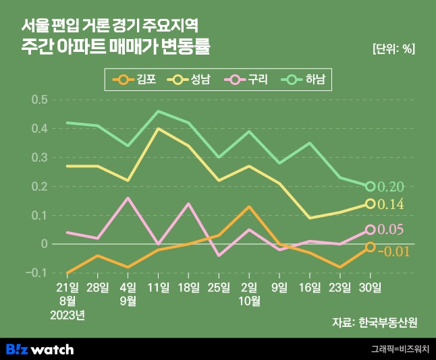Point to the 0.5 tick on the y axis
pos(40,100)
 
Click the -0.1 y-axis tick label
pos(38,273)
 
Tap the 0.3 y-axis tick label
pos(40,158)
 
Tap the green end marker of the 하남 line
pos(371,186)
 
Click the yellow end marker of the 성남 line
pos(371,204)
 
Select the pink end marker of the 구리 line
pos(371,230)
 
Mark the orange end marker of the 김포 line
pos(371,247)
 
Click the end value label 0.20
pos(391,187)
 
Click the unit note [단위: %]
pos(393,49)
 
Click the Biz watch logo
pos(40,349)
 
